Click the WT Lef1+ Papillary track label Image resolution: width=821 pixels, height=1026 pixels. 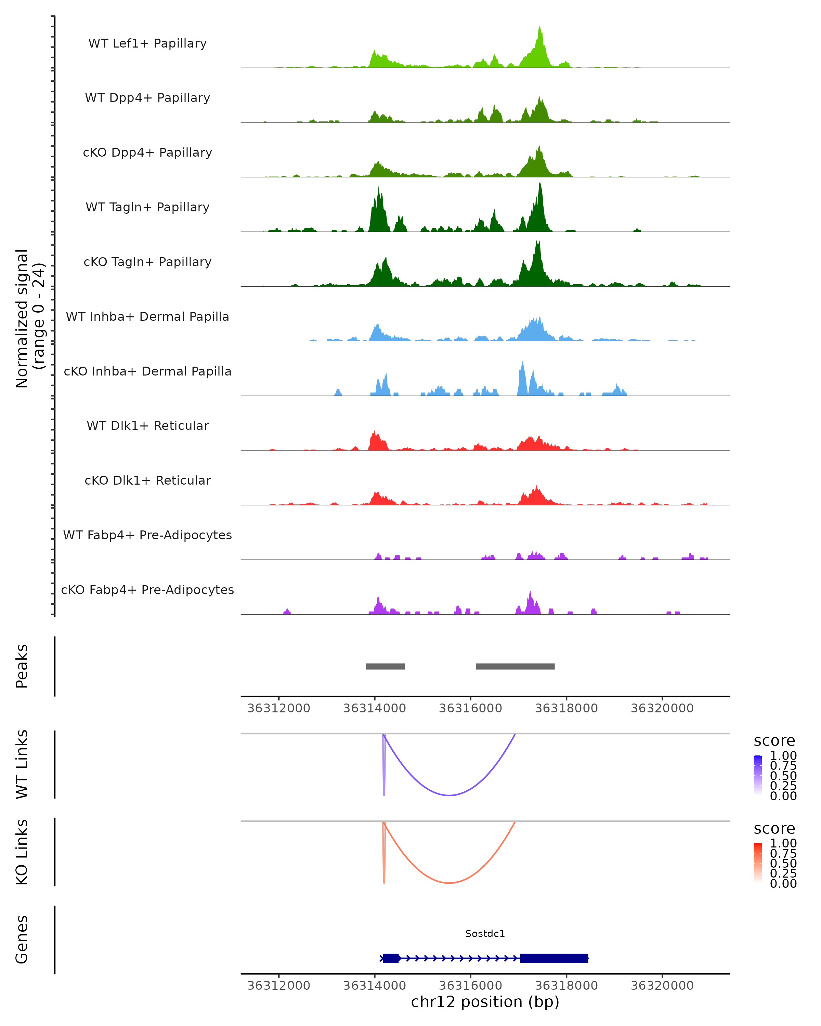[147, 43]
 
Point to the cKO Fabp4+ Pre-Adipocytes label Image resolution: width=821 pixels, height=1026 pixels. [147, 590]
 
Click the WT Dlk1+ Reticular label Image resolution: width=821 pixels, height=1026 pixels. [147, 425]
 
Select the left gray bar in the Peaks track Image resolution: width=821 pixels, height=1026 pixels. [385, 666]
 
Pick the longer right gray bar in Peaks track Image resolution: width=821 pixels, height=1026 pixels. [515, 666]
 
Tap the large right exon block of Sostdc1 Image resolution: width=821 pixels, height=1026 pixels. [554, 958]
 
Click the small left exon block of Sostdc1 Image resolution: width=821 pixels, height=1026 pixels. [391, 958]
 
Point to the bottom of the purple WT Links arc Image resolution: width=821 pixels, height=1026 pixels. [449, 795]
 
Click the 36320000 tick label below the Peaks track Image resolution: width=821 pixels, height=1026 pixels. [662, 708]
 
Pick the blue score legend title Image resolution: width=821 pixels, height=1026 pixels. [774, 741]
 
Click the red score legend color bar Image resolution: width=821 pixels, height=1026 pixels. [758, 863]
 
